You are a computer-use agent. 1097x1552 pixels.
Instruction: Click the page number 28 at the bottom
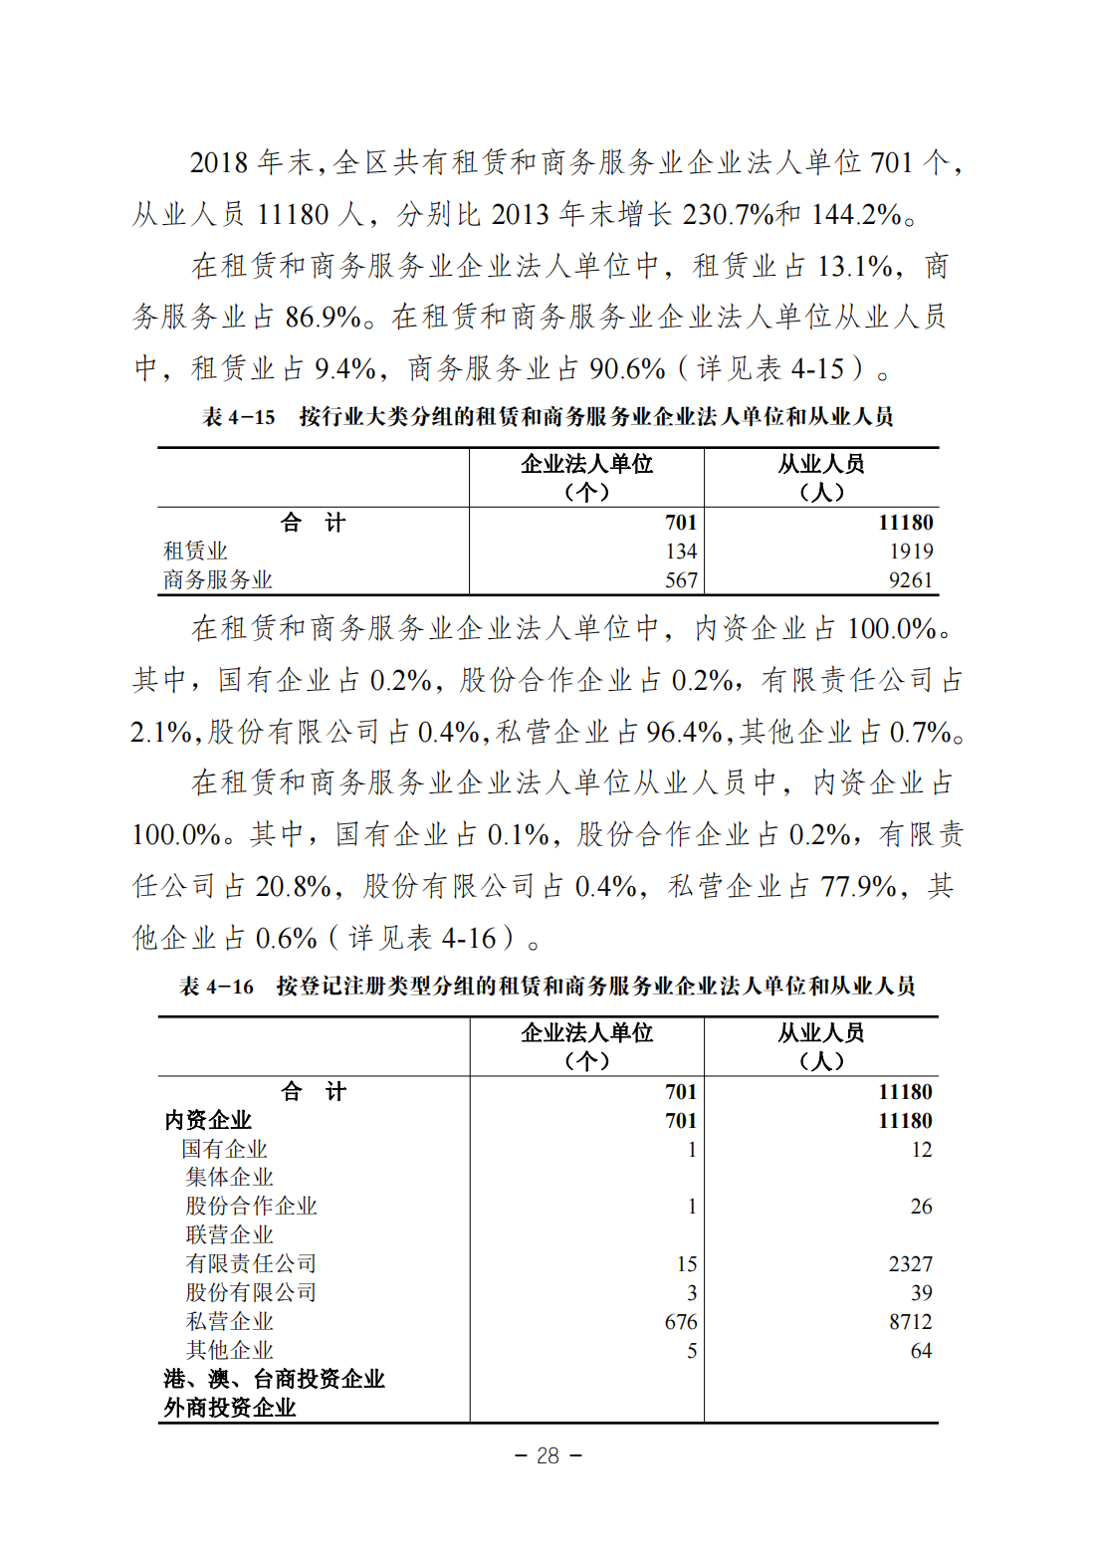point(548,1455)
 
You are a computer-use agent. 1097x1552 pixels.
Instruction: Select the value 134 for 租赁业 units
point(681,552)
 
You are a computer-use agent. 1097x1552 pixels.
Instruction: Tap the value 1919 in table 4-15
point(911,552)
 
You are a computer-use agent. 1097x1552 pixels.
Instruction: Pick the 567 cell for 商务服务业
point(681,580)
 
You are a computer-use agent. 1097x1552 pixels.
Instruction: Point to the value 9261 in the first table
point(911,580)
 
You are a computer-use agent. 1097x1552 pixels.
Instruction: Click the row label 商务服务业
point(218,580)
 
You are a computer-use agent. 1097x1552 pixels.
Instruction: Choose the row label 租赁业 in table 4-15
point(196,552)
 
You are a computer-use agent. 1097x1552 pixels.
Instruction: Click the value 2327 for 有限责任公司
point(911,1264)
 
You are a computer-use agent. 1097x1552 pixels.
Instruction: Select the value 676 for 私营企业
point(681,1322)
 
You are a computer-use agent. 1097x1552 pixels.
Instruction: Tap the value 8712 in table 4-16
point(911,1322)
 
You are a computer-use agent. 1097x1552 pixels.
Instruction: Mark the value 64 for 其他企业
point(922,1351)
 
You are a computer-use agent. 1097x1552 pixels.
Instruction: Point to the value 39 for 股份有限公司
point(922,1293)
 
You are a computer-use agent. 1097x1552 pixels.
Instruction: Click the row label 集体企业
point(229,1178)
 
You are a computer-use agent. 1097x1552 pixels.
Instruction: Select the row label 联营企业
point(229,1235)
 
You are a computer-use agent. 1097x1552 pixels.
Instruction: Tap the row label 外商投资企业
point(230,1408)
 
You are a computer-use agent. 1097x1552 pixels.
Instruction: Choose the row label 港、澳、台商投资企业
point(274,1379)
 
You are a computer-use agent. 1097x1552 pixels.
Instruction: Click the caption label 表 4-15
point(239,417)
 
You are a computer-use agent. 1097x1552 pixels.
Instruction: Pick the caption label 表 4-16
point(216,987)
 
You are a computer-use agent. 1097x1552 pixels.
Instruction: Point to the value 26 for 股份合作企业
point(922,1207)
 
